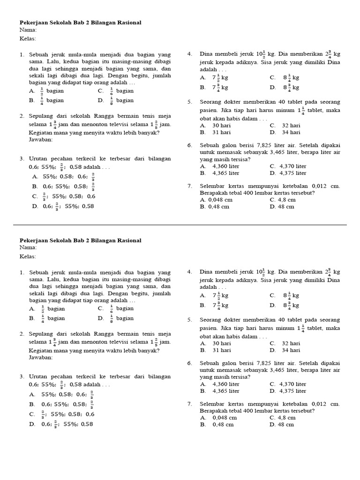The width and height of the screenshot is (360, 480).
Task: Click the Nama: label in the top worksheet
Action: (x=28, y=30)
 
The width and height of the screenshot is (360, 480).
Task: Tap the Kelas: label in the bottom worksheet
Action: (x=28, y=256)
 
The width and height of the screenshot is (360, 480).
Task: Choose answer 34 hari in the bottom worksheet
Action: (x=291, y=350)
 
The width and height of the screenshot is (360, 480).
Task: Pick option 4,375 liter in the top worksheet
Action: (x=292, y=173)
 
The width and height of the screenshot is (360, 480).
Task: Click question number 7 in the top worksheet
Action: (x=189, y=186)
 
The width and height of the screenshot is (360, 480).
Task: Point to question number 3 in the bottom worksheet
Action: (x=22, y=376)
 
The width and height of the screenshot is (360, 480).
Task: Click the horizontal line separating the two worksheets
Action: (x=180, y=225)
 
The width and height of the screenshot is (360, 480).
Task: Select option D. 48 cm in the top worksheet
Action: (x=282, y=206)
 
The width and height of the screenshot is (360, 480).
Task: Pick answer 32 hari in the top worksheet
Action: (x=291, y=126)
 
